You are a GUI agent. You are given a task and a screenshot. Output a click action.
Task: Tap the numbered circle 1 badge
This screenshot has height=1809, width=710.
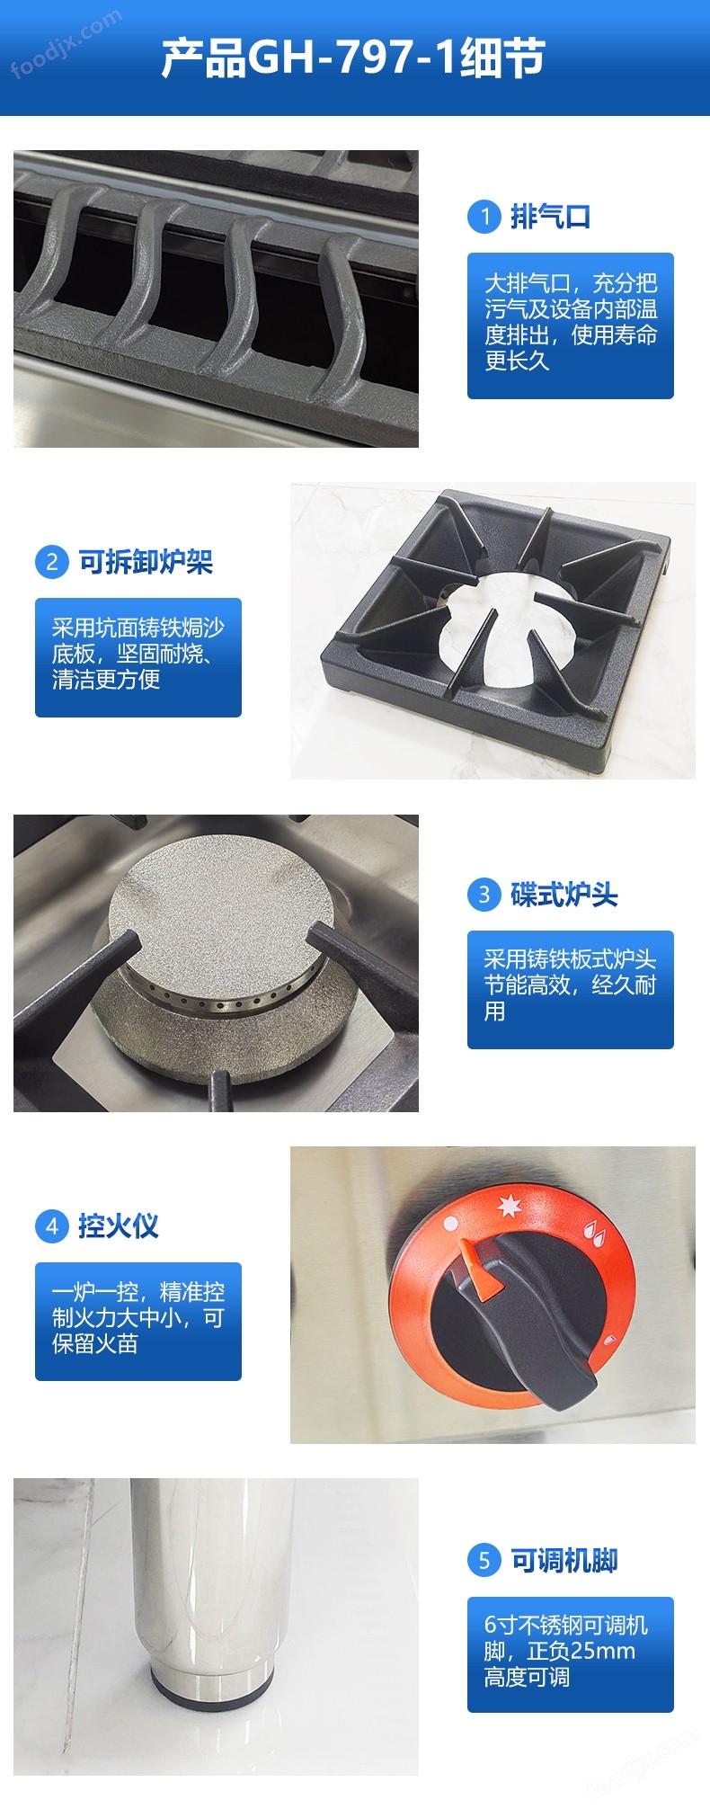[x=484, y=217]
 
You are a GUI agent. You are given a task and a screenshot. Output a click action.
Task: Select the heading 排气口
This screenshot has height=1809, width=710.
[x=550, y=217]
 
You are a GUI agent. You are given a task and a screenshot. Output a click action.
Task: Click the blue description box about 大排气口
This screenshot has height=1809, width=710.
[x=571, y=325]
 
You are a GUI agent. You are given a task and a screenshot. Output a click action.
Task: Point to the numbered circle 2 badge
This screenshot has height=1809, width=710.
[x=52, y=562]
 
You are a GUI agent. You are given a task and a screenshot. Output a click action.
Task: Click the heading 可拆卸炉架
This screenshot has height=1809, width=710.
[x=146, y=562]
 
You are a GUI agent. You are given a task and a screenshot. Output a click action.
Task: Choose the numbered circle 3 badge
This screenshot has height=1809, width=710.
[x=484, y=895]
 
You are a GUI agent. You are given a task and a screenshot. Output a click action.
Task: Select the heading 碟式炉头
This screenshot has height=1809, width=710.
[x=564, y=895]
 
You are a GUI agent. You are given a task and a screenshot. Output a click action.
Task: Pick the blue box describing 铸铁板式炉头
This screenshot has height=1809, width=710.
[x=571, y=989]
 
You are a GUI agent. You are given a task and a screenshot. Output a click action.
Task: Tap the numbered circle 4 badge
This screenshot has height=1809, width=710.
[x=52, y=1226]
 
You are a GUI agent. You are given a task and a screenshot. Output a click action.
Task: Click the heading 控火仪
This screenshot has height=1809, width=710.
[x=119, y=1226]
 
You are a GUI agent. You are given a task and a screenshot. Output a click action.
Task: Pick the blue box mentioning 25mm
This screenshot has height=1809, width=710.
[x=571, y=1654]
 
